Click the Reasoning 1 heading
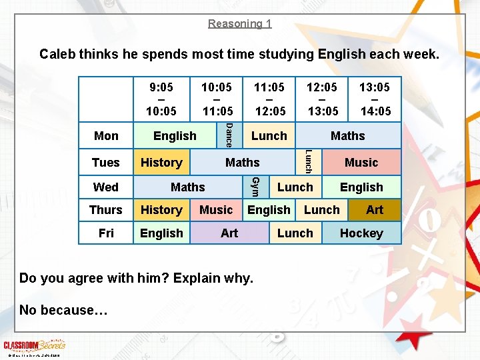click(x=239, y=23)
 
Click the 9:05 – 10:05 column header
click(x=161, y=99)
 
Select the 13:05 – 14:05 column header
click(x=375, y=99)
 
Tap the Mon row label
click(x=106, y=136)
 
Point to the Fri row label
click(x=106, y=233)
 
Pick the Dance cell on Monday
click(x=228, y=135)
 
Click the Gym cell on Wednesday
click(x=254, y=187)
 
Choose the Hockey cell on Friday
click(x=361, y=233)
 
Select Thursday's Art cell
click(x=375, y=210)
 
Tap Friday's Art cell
click(x=229, y=233)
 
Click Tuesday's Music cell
click(x=361, y=163)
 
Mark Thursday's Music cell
click(x=216, y=210)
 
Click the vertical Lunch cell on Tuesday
click(x=308, y=162)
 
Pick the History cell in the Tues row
click(x=161, y=163)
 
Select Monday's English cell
click(x=175, y=136)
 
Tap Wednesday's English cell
click(x=361, y=187)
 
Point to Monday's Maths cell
click(x=348, y=136)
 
